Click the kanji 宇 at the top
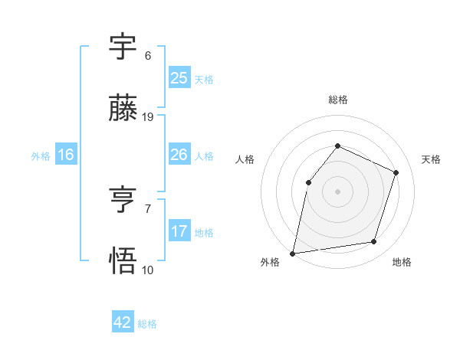(123, 47)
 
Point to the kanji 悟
(123, 260)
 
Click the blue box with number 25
(179, 77)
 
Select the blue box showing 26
(179, 155)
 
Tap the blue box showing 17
(179, 231)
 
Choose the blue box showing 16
(66, 155)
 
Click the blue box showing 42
(123, 322)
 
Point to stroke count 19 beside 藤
(149, 117)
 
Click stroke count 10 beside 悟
(148, 270)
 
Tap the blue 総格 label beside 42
(147, 324)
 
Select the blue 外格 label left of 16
(41, 156)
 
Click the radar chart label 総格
(337, 100)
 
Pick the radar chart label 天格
(431, 159)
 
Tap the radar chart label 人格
(245, 159)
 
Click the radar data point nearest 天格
(396, 172)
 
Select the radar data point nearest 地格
(374, 242)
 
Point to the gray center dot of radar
(337, 191)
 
